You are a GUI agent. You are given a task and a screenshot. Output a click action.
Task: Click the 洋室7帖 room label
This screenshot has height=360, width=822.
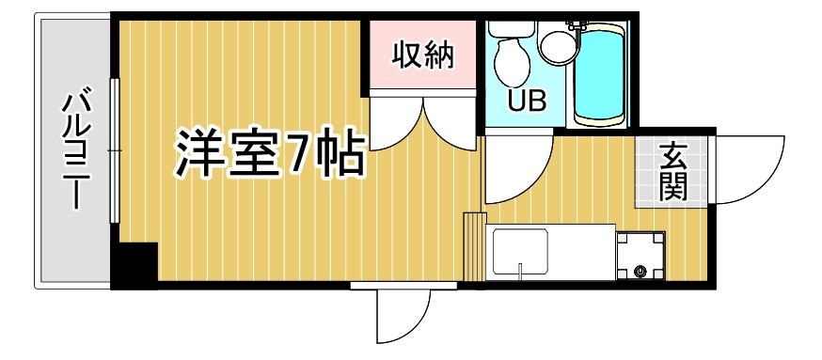click(x=269, y=156)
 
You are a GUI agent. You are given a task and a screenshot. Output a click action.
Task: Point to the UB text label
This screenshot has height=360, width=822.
click(x=527, y=101)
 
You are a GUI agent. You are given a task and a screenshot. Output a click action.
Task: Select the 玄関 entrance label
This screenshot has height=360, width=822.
click(x=671, y=172)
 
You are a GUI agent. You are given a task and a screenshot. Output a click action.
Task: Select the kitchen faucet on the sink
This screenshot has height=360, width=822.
click(x=520, y=272)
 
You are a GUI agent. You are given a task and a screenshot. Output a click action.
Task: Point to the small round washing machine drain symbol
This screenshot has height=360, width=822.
click(x=641, y=273)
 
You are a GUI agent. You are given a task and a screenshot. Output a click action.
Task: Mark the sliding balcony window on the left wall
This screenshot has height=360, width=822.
click(x=114, y=150)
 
